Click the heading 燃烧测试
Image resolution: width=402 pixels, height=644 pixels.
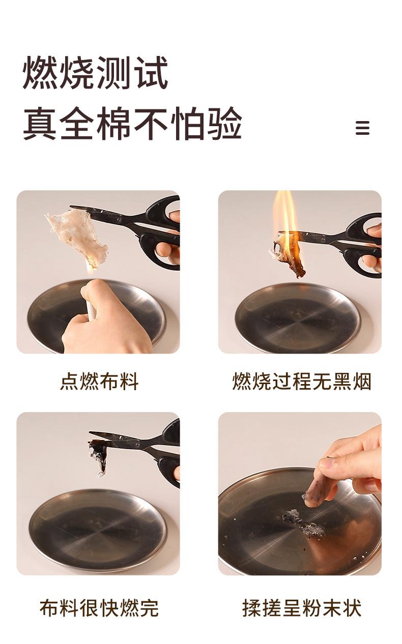coord(95,72)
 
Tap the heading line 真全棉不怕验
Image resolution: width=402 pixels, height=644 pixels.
coord(132,124)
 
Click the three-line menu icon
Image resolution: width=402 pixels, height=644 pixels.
coord(362,128)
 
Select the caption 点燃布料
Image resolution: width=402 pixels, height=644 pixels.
coord(99,382)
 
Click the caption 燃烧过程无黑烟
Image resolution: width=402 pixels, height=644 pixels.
coord(302,382)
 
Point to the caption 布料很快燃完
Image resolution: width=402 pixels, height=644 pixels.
coord(99,608)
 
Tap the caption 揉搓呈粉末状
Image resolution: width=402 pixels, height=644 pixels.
coord(302,608)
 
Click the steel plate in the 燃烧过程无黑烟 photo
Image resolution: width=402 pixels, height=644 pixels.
coord(298,316)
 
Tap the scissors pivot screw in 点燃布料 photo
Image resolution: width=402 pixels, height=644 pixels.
coord(120,220)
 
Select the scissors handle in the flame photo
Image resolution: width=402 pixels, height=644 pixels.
coord(364,244)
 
